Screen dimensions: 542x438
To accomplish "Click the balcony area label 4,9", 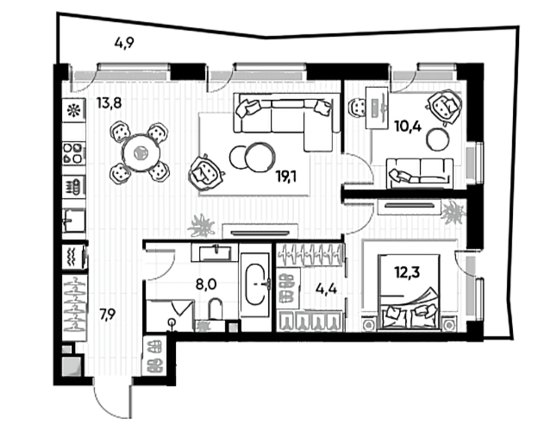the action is coord(124,44).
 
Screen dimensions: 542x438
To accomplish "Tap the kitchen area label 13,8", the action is coord(109,103).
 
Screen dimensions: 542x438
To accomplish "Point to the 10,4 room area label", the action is coord(408,126).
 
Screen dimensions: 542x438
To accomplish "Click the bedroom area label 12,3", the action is coord(407,272).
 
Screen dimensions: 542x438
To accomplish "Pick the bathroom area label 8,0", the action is coord(206,285).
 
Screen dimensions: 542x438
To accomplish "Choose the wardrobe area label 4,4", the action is coord(326,288).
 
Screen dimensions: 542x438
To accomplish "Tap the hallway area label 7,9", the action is coord(108,315).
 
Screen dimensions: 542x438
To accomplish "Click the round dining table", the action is coord(142,152).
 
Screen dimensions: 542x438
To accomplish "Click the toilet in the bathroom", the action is coord(216,308).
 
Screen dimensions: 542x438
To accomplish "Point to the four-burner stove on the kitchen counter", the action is coord(74,153).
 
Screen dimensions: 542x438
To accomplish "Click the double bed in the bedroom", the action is coord(409,293).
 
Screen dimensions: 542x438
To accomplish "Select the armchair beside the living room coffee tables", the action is coord(206,172).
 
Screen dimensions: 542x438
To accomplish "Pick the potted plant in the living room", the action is coord(201,226).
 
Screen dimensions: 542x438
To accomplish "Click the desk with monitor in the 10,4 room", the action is coord(377,108).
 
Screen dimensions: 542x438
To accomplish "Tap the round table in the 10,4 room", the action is coord(438,140).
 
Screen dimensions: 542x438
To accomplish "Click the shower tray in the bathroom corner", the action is coord(169,315).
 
